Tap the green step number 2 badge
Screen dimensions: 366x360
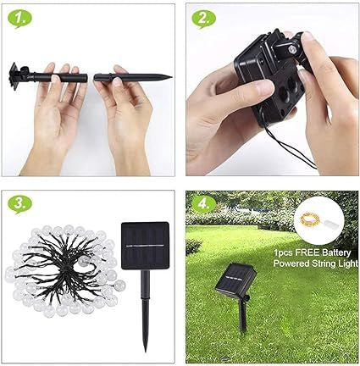203,19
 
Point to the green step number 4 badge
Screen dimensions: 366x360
203,204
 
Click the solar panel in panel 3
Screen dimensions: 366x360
145,246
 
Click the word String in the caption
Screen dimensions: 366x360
324,263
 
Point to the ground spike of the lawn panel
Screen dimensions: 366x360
244,319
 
